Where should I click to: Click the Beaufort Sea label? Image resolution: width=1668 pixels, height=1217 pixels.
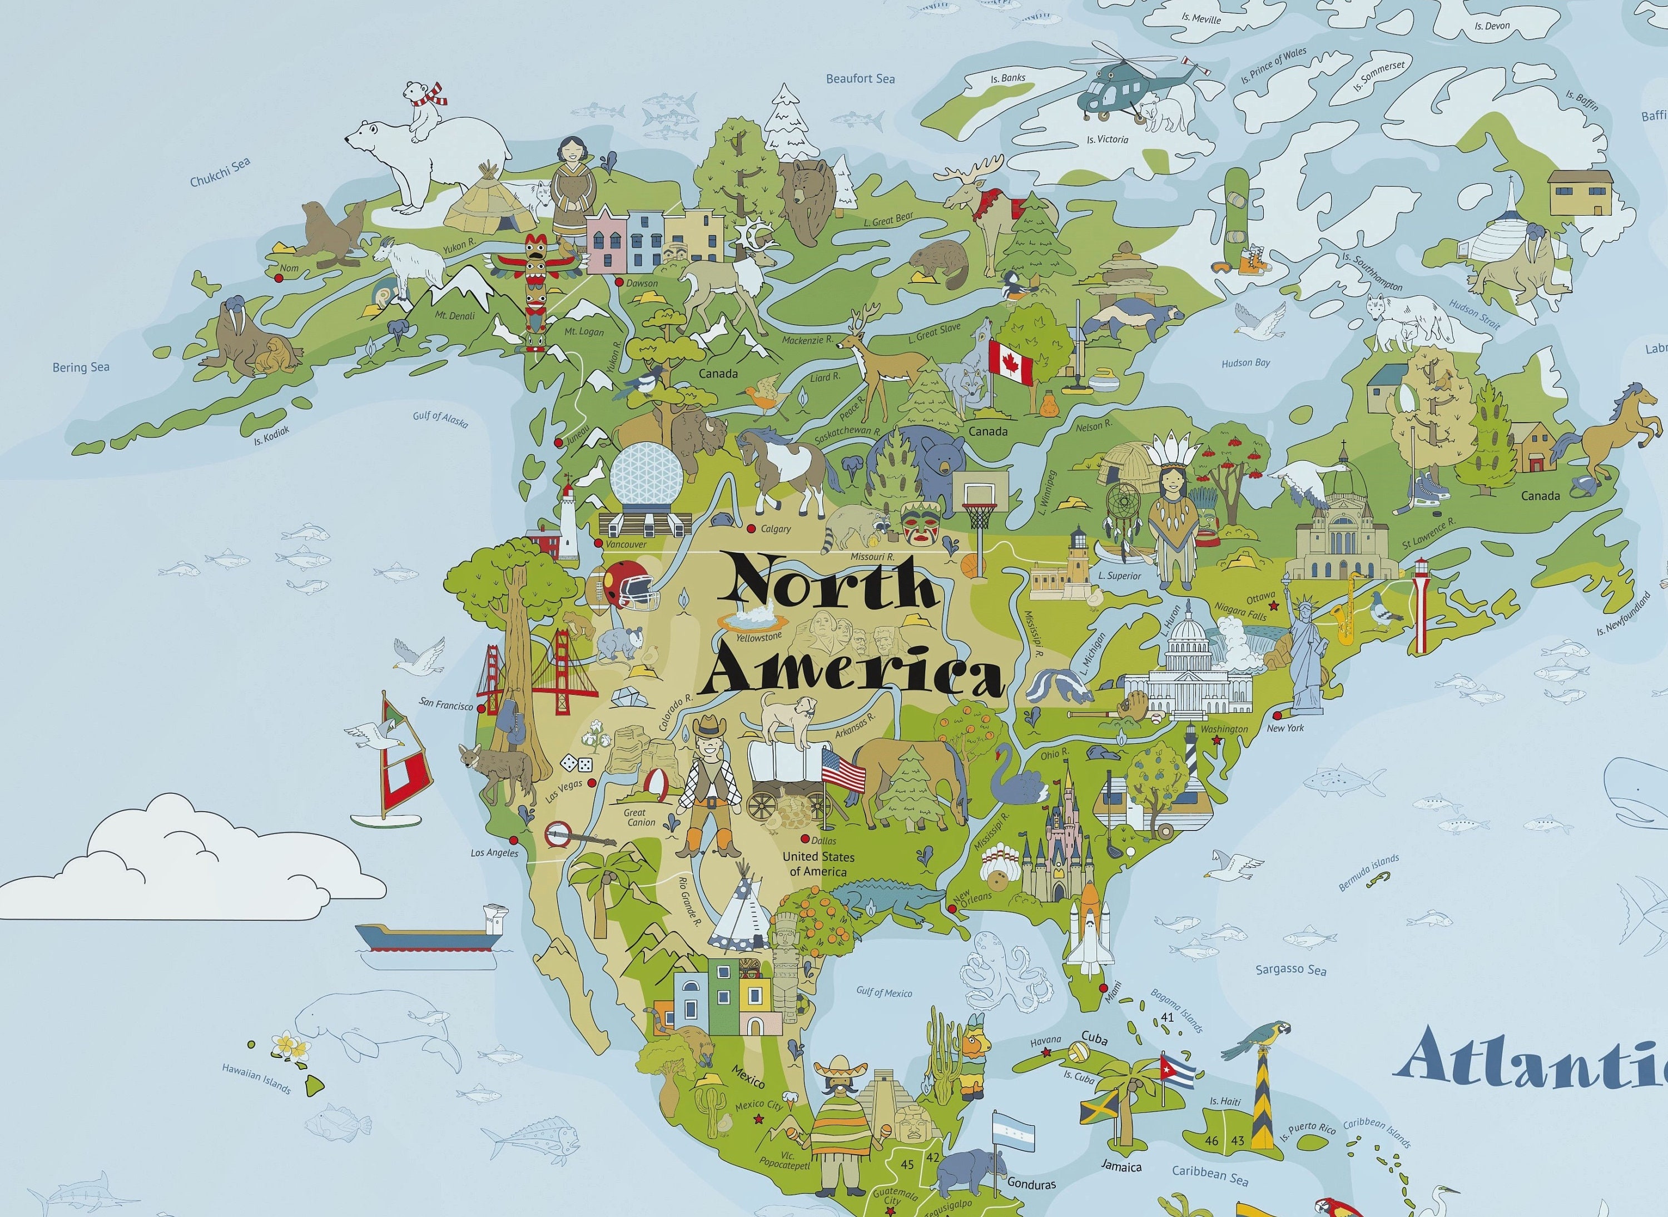(860, 78)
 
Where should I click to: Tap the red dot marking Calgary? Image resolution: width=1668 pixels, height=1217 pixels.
(751, 528)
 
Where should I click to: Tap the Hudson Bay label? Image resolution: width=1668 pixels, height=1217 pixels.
(1245, 362)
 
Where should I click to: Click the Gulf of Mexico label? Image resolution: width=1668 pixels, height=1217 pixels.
(883, 992)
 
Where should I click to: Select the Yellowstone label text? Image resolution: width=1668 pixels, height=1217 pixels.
(758, 637)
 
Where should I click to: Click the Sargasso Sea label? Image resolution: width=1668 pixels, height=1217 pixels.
(1291, 970)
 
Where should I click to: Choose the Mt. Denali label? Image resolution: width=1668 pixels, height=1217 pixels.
(455, 316)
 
